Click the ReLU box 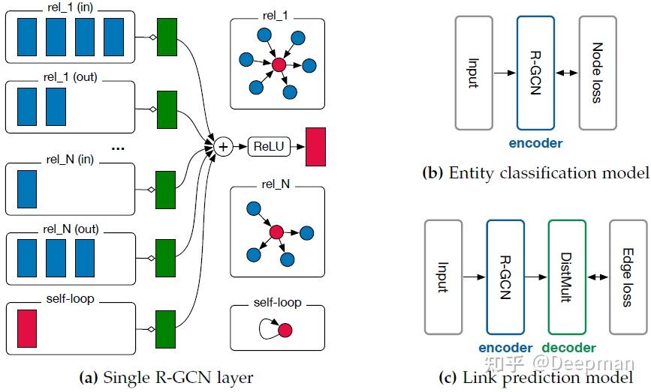[x=269, y=147]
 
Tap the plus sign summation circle [x=222, y=147]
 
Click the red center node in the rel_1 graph [x=279, y=65]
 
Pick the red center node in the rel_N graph [x=276, y=233]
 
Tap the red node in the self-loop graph [x=285, y=330]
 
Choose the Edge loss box [x=628, y=277]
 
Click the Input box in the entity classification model [x=474, y=72]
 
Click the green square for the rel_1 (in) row [x=166, y=34]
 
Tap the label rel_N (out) [x=71, y=229]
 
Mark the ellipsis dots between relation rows [x=117, y=148]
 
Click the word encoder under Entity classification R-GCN [x=536, y=143]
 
